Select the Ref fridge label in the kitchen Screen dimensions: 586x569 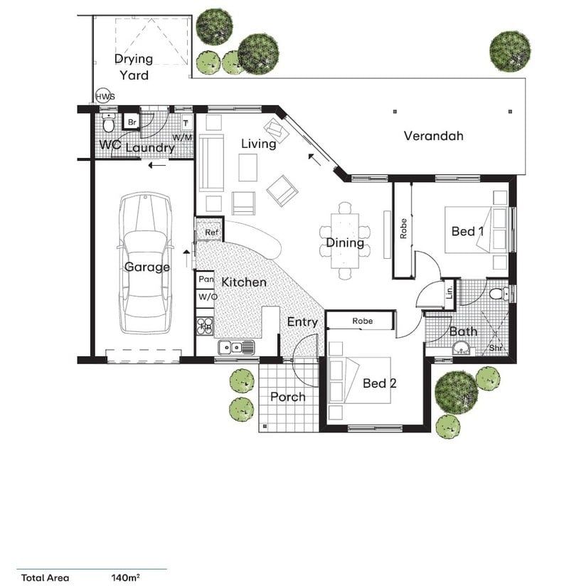point(211,233)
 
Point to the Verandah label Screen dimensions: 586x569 point(433,135)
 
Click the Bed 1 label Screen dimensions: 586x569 point(467,231)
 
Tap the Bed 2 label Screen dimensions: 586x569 point(379,383)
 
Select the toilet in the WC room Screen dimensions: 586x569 point(107,124)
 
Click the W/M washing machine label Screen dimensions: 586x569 point(184,137)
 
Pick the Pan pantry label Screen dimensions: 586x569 point(206,280)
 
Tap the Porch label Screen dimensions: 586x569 point(288,397)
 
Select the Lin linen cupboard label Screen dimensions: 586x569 point(450,292)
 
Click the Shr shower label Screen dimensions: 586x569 point(495,348)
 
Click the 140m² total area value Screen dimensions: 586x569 point(125,577)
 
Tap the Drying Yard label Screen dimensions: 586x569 point(133,67)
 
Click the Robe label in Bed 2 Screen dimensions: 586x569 point(362,321)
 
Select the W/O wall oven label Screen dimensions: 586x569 point(207,297)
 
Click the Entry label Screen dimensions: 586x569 point(302,322)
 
